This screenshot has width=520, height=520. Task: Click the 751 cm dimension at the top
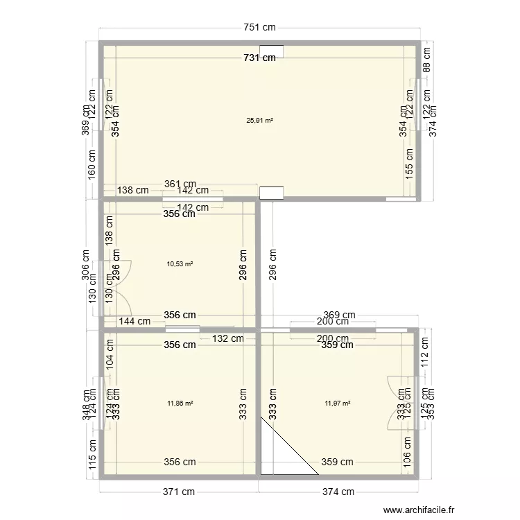pyautogui.click(x=259, y=28)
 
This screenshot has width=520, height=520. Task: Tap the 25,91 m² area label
pyautogui.click(x=259, y=120)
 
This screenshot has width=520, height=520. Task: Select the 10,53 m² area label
pyautogui.click(x=180, y=263)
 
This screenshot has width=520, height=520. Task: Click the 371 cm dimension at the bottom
pyautogui.click(x=179, y=492)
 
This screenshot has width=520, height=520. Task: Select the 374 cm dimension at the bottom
pyautogui.click(x=338, y=492)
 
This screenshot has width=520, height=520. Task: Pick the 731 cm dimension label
pyautogui.click(x=259, y=58)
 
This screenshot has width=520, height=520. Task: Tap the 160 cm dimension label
pyautogui.click(x=92, y=166)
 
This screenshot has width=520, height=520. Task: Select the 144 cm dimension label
pyautogui.click(x=135, y=321)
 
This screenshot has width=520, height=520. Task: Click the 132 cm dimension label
pyautogui.click(x=228, y=338)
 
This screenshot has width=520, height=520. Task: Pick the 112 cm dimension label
pyautogui.click(x=426, y=356)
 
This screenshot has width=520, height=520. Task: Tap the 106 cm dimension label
pyautogui.click(x=410, y=458)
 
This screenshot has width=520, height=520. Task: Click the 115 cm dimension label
pyautogui.click(x=92, y=456)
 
